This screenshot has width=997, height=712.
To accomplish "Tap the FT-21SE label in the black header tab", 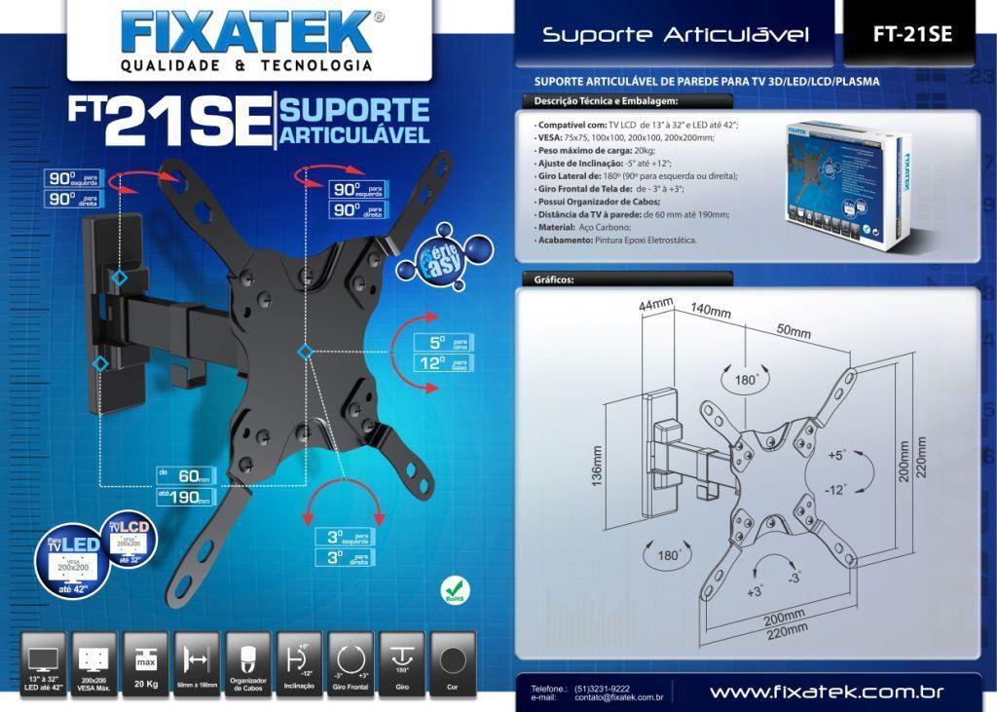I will coord(911,34).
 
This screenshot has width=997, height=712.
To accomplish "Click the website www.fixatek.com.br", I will coord(827,693).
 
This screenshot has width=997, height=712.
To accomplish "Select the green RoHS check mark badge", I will coord(454,589).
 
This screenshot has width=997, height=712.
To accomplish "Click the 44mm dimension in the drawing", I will coord(656,305).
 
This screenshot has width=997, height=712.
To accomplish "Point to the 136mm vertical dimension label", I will coord(597,465).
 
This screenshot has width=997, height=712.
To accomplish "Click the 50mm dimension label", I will coord(794,331).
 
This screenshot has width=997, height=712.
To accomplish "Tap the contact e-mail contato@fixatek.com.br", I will coord(619,697).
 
